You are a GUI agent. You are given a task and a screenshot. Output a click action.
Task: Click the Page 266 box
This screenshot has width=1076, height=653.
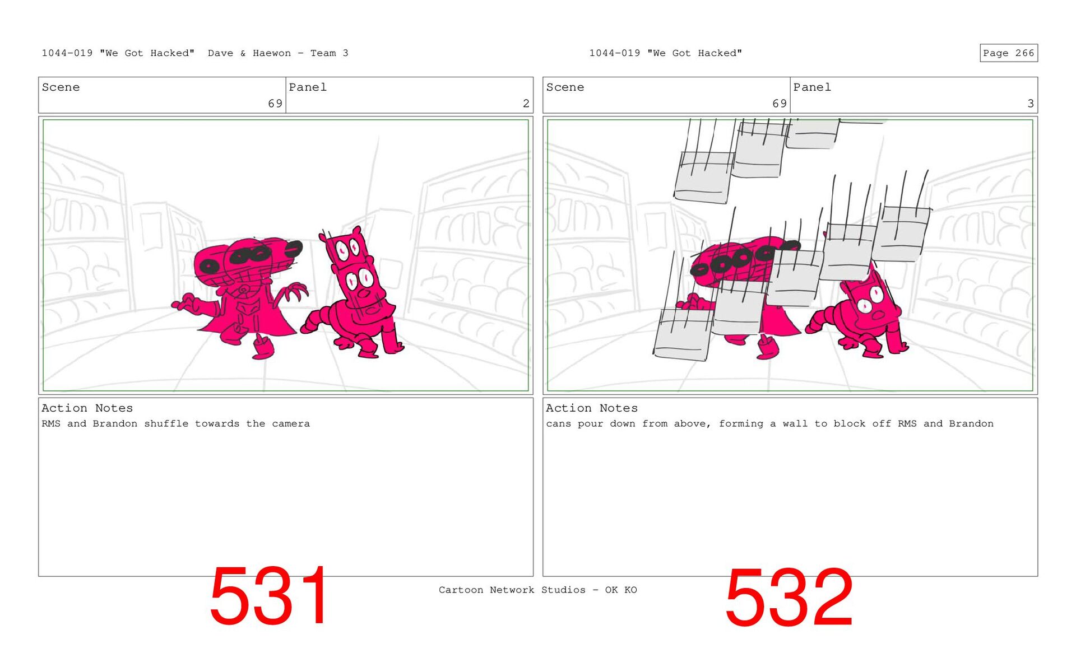click(1008, 53)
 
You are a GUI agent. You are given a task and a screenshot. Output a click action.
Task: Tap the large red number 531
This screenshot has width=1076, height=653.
click(270, 596)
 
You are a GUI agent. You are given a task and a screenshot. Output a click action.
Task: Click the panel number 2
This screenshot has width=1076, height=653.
click(526, 104)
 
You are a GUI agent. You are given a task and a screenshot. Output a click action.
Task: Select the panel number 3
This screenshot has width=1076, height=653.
click(1030, 104)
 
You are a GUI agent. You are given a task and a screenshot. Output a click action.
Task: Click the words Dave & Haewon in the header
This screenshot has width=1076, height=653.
click(249, 53)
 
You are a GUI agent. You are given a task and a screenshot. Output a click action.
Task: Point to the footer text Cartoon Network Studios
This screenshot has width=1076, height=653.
click(512, 590)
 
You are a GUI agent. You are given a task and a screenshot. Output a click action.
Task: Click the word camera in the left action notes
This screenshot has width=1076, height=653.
click(291, 424)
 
